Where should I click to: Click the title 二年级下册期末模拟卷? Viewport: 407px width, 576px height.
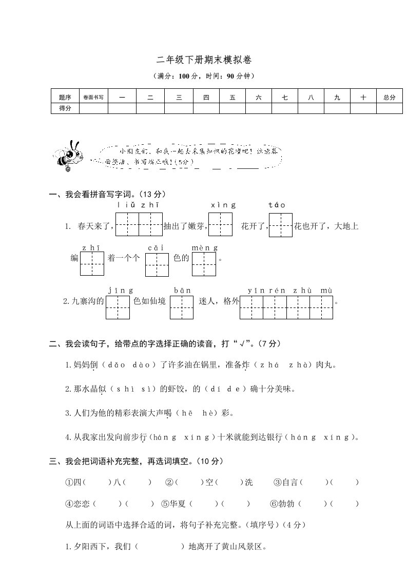tap(203, 60)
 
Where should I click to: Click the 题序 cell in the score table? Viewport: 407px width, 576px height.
tap(65, 97)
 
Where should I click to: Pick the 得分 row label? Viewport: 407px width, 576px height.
tap(65, 108)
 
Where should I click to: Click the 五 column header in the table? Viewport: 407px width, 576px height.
tap(232, 97)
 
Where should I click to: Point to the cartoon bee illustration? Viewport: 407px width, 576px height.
tap(68, 153)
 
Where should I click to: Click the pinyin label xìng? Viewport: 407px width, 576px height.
tap(223, 205)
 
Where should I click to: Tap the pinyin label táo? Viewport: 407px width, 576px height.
tap(277, 205)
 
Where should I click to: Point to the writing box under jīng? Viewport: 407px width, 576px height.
tap(118, 307)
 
